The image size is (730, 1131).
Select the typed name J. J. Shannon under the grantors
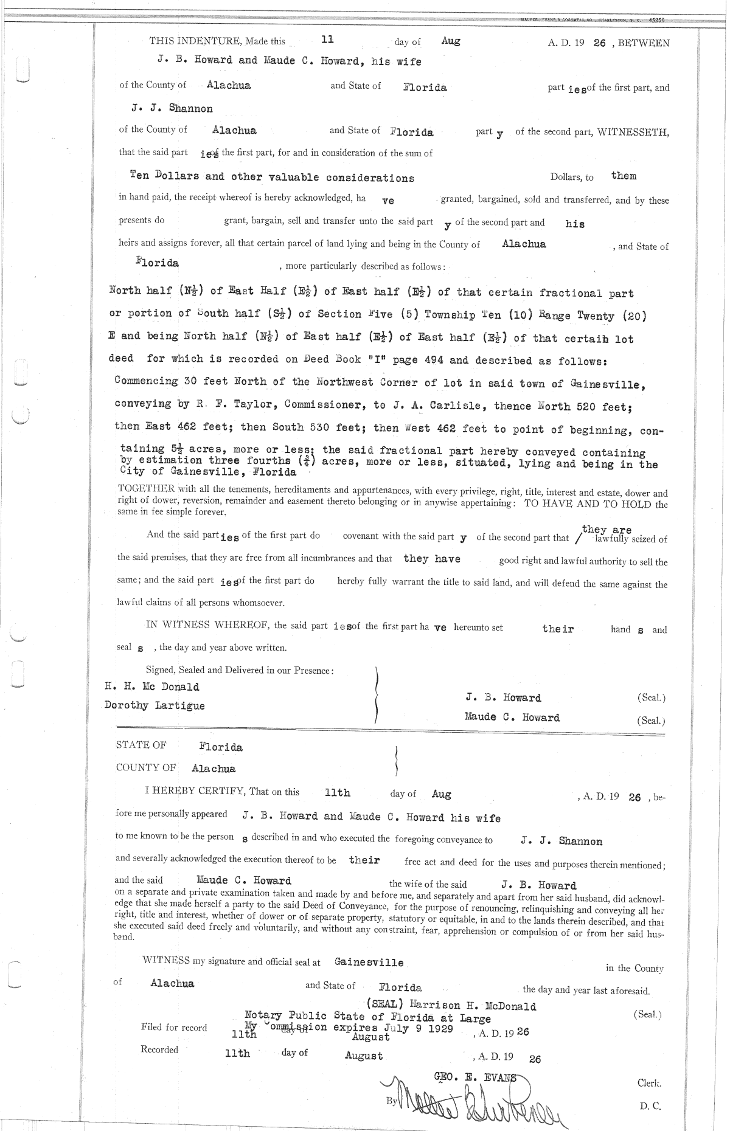point(172,109)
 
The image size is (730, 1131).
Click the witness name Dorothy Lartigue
point(155,706)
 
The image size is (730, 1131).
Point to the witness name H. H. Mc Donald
point(152,687)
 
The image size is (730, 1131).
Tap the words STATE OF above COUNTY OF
point(141,745)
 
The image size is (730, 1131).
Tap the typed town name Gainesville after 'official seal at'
point(369,963)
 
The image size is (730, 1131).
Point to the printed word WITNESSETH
point(633,132)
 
